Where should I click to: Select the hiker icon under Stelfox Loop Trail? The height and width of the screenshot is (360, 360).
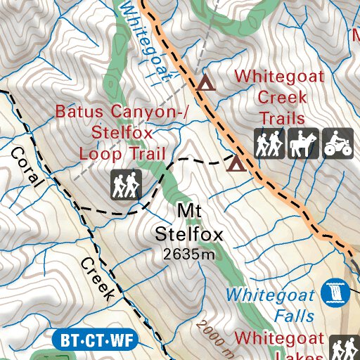point(127,184)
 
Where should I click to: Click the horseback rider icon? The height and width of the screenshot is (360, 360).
point(303,143)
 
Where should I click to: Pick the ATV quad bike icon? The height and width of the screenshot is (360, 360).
point(337,143)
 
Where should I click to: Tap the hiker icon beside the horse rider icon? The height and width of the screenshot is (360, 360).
point(270,143)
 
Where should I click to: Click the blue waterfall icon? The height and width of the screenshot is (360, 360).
point(337,292)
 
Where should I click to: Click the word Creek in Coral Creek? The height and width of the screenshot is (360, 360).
point(96,279)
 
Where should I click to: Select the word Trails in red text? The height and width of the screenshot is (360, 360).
point(281,117)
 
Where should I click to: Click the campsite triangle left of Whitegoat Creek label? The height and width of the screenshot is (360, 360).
point(205,84)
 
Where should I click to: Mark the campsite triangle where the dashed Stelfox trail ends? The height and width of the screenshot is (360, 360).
point(236,165)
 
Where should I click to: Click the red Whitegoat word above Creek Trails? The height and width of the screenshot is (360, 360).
point(280,75)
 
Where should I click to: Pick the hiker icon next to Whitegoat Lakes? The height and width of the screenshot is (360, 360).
point(344,347)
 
